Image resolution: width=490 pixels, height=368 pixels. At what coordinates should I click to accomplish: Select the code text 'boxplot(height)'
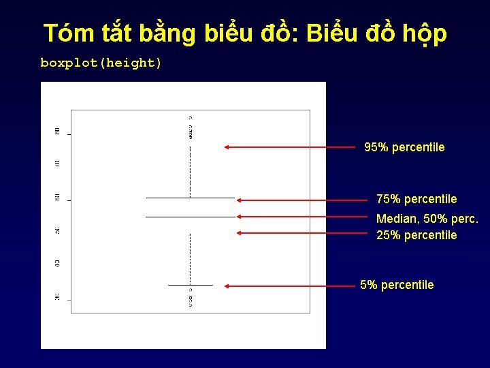pos(101,63)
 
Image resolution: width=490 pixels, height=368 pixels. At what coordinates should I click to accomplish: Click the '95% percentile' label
pos(404,147)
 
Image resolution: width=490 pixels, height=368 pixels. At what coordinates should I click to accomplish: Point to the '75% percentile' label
pos(416,199)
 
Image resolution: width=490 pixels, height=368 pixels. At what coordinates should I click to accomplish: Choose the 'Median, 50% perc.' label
pos(427,219)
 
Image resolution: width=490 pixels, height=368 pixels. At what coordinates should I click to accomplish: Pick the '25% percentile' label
pos(416,235)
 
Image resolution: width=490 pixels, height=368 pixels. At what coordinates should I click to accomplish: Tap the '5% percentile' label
pos(397,285)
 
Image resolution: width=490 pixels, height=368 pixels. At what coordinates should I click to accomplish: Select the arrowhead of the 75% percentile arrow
pos(240,200)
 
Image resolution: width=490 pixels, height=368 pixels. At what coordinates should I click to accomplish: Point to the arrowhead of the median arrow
pos(240,216)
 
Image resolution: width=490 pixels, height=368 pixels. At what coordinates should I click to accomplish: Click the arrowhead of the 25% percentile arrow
pos(240,232)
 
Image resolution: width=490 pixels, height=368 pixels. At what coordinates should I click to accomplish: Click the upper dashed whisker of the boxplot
pos(191,167)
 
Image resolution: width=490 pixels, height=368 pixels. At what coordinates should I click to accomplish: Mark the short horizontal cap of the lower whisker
pos(191,284)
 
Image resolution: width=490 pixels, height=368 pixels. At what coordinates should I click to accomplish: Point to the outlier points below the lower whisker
pos(191,299)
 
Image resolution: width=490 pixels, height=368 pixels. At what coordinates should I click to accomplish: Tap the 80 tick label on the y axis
pos(58,130)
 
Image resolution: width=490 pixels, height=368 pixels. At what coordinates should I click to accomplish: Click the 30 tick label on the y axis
pos(58,296)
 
